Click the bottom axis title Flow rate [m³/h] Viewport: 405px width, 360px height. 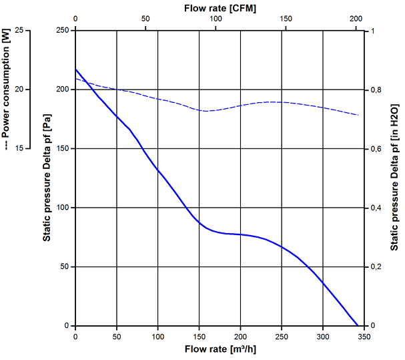[220, 349]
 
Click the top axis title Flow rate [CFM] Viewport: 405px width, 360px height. [220, 7]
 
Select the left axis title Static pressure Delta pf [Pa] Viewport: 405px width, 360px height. [49, 178]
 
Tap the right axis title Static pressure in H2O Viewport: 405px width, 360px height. [395, 178]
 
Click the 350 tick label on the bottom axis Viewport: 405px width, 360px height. [364, 336]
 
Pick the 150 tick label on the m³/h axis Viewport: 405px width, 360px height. [199, 336]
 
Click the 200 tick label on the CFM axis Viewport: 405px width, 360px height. [356, 19]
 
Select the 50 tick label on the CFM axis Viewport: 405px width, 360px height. [145, 19]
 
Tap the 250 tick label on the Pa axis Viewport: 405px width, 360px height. [63, 31]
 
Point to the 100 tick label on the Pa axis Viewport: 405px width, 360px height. [63, 208]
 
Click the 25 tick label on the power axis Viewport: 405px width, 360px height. [19, 31]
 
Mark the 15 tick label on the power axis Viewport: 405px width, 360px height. [19, 148]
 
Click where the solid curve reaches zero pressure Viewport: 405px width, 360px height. [359, 325]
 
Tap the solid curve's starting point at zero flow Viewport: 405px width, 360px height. [75, 69]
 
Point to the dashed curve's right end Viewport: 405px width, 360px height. [359, 116]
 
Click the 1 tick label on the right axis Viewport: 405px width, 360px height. [373, 31]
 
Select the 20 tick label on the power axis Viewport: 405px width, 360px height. [19, 89]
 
